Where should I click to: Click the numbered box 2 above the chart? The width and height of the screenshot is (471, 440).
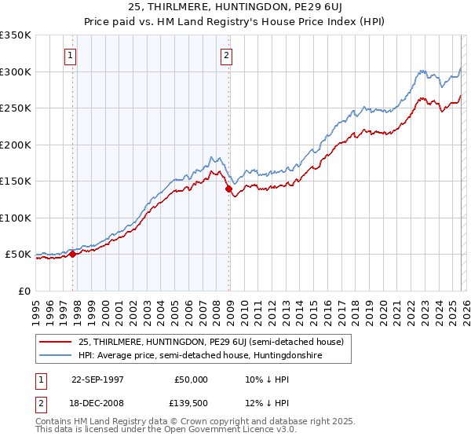point(226,56)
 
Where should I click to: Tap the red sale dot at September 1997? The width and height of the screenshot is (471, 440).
point(73,254)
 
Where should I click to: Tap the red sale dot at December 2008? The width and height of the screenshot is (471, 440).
point(228,189)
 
